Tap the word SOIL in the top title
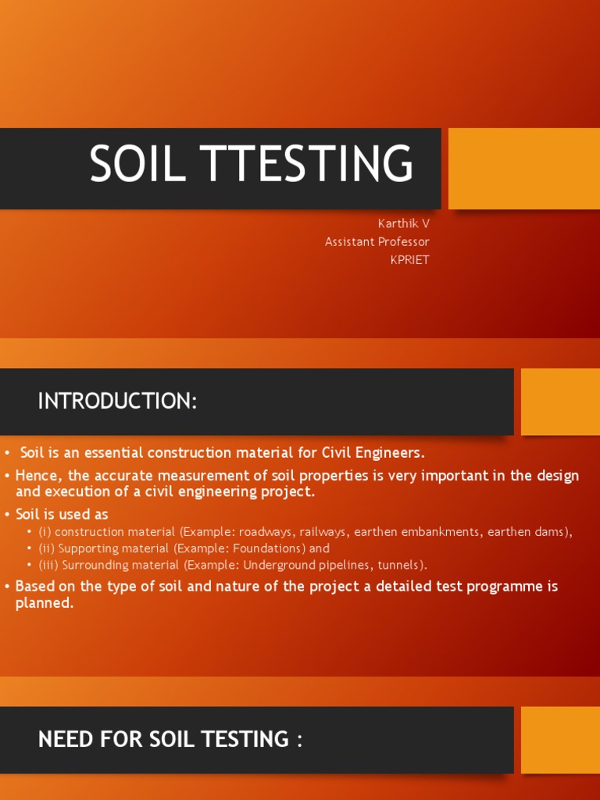(x=137, y=165)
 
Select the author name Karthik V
(x=403, y=223)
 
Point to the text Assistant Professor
(x=377, y=242)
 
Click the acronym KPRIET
(x=409, y=260)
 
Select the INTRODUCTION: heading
(x=117, y=402)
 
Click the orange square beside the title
(x=523, y=168)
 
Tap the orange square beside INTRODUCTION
(x=560, y=402)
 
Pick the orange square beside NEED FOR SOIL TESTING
(x=560, y=740)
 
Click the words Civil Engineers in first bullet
(x=377, y=453)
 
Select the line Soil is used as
(x=62, y=514)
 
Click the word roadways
(x=265, y=532)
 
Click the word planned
(x=44, y=602)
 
